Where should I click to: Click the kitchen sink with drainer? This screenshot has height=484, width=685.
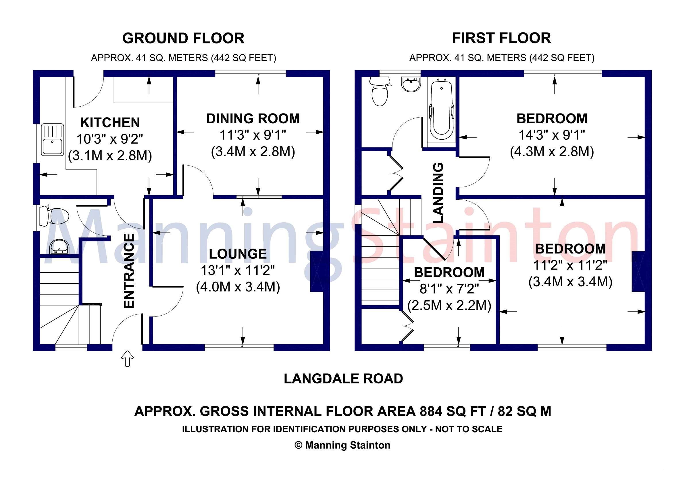[53, 140]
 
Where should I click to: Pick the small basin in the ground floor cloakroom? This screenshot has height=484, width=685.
[59, 247]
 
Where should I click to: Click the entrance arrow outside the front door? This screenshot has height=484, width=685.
[127, 358]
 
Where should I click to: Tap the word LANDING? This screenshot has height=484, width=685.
[438, 193]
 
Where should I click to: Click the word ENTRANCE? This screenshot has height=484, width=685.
[129, 271]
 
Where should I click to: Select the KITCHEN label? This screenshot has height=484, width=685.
[110, 123]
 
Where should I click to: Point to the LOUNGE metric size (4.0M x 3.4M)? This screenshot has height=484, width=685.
[238, 287]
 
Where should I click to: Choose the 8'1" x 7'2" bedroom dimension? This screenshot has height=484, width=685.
[449, 289]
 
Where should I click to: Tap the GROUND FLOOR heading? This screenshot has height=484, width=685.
[183, 39]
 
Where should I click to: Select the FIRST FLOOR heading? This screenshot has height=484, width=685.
[501, 39]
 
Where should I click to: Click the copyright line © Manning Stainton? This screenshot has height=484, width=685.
[342, 445]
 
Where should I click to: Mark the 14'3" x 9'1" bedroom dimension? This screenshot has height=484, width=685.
[552, 135]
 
